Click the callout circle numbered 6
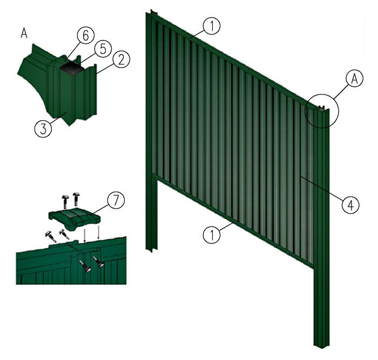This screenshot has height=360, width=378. (x=86, y=36)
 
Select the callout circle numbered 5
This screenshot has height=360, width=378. (x=103, y=49)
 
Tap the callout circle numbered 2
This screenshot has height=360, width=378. (x=121, y=59)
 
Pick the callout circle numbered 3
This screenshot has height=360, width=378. (x=43, y=129)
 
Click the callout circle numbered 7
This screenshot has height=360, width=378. (x=116, y=200)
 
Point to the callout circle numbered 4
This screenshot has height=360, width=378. (x=350, y=205)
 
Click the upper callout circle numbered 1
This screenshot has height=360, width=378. (x=212, y=26)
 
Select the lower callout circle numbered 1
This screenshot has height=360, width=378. (x=212, y=235)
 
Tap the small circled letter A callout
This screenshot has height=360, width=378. (x=354, y=79)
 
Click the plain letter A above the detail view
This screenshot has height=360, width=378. (x=24, y=33)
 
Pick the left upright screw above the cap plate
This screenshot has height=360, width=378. (x=65, y=201)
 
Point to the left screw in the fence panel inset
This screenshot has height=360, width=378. (x=85, y=267)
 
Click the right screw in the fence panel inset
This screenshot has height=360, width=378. (x=99, y=262)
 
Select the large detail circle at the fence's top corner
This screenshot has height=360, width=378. (x=322, y=111)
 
